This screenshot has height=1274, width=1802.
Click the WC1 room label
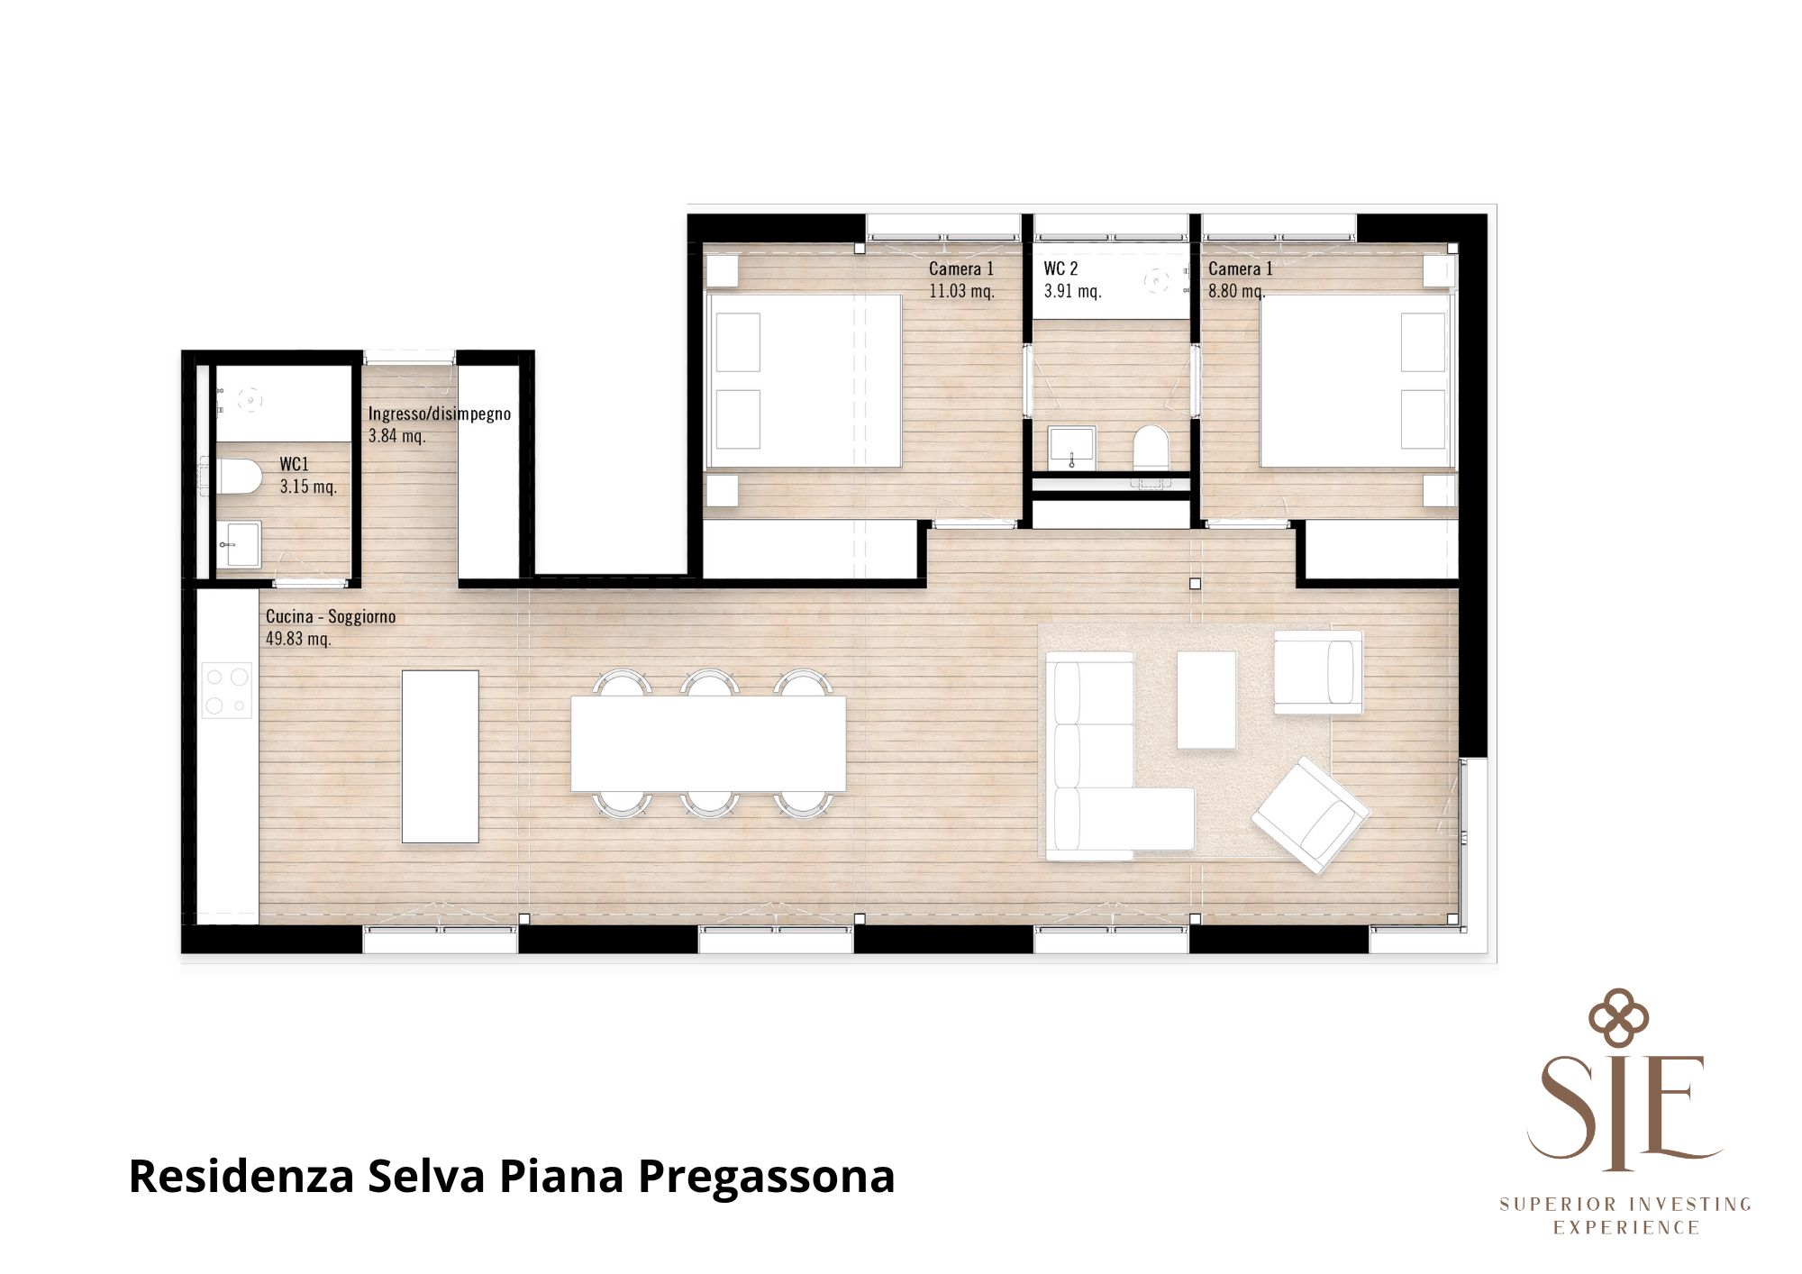coord(294,464)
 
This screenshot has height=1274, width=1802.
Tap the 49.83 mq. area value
coord(298,639)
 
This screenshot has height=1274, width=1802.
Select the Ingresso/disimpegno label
coord(440,414)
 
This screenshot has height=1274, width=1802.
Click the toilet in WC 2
coord(1151,447)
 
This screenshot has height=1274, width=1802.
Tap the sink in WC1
coord(240,544)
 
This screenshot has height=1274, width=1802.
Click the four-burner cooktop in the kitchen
coord(227,691)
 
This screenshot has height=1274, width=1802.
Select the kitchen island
coord(440,756)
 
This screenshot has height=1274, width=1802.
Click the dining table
coord(708,744)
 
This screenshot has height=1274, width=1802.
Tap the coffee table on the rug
coord(1206,699)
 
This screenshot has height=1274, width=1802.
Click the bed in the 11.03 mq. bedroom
coord(804,381)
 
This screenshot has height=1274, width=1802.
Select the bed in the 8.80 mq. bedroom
coord(1356,381)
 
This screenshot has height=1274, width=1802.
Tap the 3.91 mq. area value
coord(1072,291)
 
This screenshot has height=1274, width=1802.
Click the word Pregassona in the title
coord(767,1178)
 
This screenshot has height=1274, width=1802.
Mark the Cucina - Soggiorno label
coord(331,616)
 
